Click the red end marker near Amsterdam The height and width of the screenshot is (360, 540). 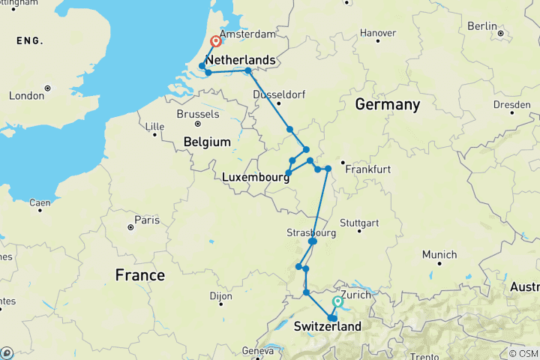coord(215,42)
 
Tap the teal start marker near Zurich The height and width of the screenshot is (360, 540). coord(337,301)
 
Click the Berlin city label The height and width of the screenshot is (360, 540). coord(482,25)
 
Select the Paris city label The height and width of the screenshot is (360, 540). coord(143,220)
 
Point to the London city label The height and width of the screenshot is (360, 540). coord(26,96)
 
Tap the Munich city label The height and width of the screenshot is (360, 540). coord(439,255)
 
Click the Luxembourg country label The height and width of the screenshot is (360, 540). coord(256,177)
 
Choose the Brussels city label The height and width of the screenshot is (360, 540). coord(199,114)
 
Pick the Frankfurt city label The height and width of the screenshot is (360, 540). coord(368,169)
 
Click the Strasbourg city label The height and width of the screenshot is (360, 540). coord(307,232)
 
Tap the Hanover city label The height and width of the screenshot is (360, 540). coord(378,33)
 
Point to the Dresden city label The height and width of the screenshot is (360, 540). coord(513,103)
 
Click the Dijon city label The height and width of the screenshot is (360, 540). coord(220,296)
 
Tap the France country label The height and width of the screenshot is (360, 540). coord(140,275)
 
